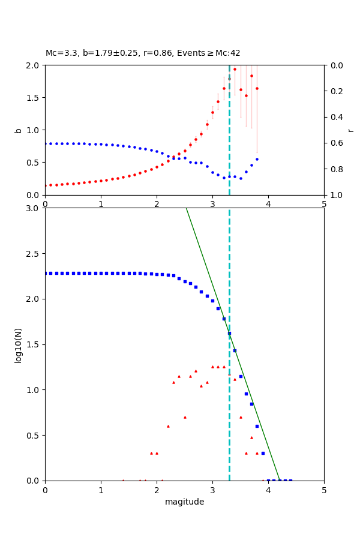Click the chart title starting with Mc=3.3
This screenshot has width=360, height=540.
click(143, 53)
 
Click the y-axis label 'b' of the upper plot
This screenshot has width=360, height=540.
click(18, 130)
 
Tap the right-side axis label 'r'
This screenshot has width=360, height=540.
click(350, 130)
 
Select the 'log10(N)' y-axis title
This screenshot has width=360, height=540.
click(18, 344)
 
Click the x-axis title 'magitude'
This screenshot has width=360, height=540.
click(184, 502)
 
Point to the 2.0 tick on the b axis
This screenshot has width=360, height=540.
click(34, 65)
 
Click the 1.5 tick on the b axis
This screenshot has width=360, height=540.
click(34, 97)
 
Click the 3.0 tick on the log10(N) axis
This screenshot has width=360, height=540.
click(34, 208)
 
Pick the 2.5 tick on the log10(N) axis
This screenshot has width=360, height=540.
click(34, 254)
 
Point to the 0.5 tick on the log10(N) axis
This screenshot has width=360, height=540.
click(34, 435)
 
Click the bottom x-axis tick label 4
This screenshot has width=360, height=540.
click(268, 490)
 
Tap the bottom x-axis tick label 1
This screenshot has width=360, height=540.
click(101, 490)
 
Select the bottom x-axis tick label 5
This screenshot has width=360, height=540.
click(324, 490)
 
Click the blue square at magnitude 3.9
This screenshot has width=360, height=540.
click(263, 453)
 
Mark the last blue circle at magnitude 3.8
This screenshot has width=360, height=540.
click(257, 159)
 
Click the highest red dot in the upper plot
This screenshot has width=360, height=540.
click(235, 69)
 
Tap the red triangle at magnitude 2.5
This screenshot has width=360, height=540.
click(185, 417)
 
